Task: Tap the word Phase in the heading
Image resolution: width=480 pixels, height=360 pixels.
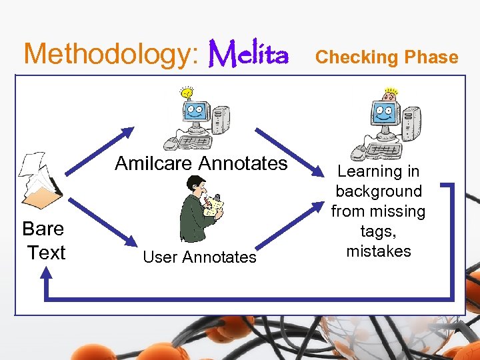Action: [429, 57]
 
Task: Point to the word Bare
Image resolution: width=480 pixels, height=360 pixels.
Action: [43, 229]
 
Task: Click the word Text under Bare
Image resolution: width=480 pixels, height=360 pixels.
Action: [46, 253]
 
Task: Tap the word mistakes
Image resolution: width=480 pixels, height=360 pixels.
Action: [379, 251]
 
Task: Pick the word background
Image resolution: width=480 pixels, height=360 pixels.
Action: [379, 191]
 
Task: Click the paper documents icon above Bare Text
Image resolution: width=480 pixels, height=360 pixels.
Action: [40, 181]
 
